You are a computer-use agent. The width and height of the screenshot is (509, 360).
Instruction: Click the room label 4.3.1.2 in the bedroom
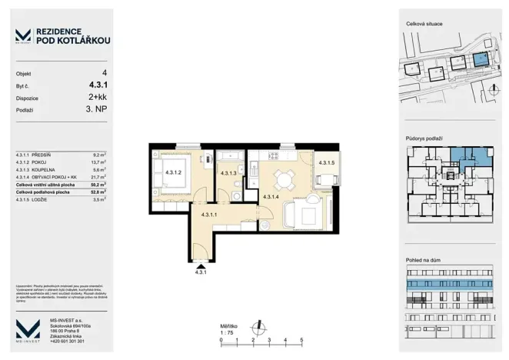[172, 173]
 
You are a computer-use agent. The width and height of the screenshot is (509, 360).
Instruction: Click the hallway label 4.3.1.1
[210, 216]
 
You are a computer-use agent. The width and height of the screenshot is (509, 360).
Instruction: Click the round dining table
[284, 180]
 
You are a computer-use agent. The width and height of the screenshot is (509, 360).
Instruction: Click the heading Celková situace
[424, 25]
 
